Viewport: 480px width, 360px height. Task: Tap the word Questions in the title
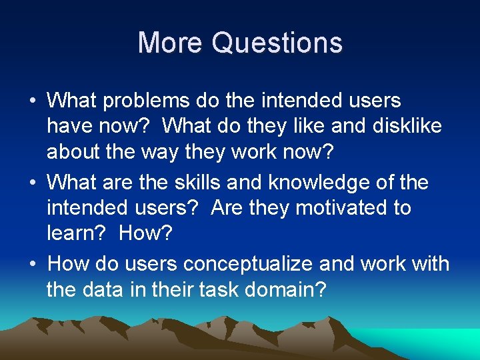(x=277, y=43)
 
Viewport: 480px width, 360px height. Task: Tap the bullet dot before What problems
(x=32, y=101)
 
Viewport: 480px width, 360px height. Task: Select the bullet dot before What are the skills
(x=32, y=183)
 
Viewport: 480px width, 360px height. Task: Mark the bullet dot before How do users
(x=32, y=264)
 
